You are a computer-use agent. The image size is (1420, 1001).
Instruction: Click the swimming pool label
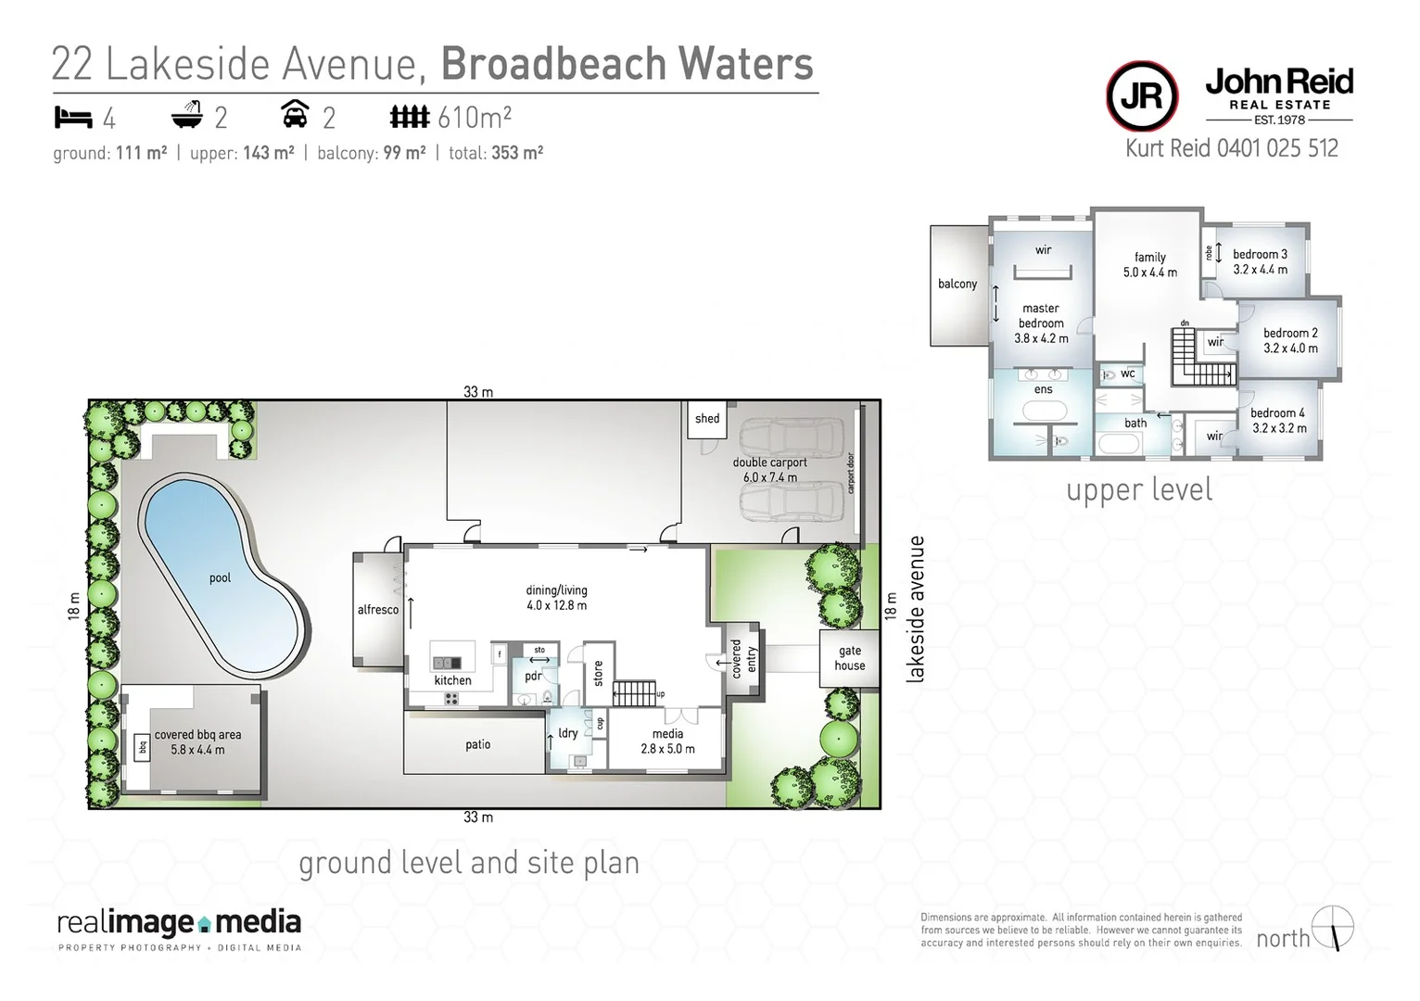220,577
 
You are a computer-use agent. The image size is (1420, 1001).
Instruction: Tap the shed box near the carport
707,419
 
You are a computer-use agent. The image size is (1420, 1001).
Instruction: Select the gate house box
849,658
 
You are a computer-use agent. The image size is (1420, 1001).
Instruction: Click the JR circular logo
1142,96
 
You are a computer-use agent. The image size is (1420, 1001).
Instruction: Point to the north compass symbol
1335,928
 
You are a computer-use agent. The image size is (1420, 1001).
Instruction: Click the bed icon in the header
73,118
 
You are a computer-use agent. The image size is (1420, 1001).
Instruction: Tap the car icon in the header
295,116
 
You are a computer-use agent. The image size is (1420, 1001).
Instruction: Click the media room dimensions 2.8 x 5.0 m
667,749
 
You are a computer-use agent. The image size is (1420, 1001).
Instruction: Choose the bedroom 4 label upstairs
1277,413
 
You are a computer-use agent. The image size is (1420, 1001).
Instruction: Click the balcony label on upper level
957,284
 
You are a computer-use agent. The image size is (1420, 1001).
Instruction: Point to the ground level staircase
635,692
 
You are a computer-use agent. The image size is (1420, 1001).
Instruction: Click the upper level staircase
1201,361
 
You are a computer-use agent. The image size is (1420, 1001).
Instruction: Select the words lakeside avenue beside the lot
917,609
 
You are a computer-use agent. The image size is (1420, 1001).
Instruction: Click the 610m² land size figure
475,118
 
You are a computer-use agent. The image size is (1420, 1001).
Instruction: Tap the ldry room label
568,733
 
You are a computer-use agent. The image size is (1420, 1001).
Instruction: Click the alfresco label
378,610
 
